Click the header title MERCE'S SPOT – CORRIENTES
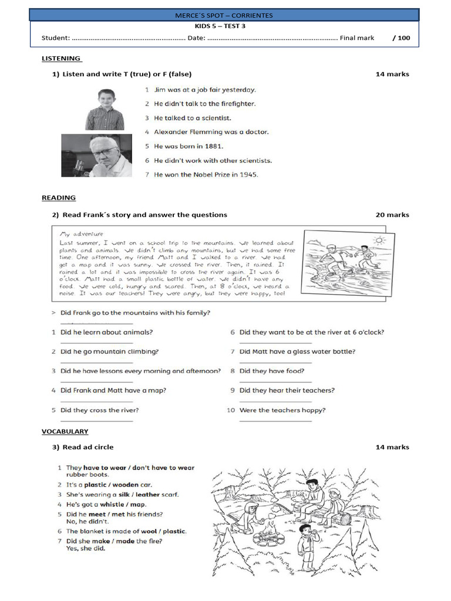click(x=224, y=15)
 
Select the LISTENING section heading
click(x=61, y=59)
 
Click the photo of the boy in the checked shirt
click(x=105, y=110)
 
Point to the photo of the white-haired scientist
click(x=96, y=156)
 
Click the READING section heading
click(x=58, y=198)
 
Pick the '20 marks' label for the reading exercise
click(x=392, y=215)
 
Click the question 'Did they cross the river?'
click(x=99, y=410)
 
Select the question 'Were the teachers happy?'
click(x=282, y=410)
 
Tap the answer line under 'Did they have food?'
click(x=275, y=381)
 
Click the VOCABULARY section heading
click(x=65, y=431)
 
